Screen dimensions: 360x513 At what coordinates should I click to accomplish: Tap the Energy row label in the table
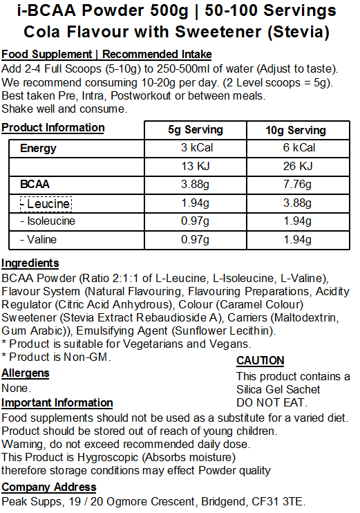pos(39,148)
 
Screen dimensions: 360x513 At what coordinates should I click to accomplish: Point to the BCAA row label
pos(35,185)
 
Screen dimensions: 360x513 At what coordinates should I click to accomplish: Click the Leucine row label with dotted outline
pos(45,203)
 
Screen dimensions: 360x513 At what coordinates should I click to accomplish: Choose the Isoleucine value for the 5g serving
pos(195,221)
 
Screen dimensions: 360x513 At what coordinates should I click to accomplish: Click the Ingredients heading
pos(30,263)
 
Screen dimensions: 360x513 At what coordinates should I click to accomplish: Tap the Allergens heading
pos(26,373)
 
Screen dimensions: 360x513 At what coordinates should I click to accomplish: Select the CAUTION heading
pos(260,360)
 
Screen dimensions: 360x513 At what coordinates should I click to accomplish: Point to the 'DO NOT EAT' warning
pos(272,402)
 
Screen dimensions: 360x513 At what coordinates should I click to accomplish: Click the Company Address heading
pos(49,487)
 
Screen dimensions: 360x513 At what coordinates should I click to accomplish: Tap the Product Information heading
pos(53,127)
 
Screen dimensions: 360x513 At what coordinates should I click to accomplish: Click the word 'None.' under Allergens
pos(16,388)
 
